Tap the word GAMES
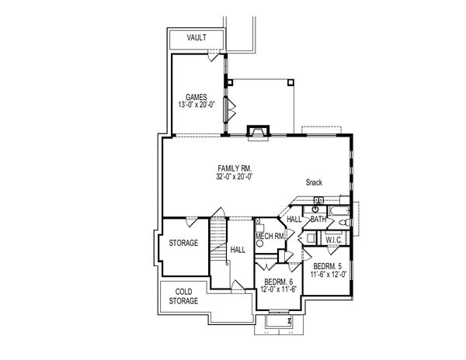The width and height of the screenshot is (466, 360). (195, 96)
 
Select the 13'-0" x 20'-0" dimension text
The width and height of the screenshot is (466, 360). (195, 105)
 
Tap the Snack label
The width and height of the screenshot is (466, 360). (314, 183)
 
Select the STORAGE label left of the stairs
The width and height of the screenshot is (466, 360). (183, 243)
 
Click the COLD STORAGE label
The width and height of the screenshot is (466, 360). (183, 296)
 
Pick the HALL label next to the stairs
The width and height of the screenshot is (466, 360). (238, 249)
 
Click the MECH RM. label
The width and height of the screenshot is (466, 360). (269, 236)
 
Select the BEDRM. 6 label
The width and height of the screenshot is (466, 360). (277, 282)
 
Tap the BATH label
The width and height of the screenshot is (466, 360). (318, 220)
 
